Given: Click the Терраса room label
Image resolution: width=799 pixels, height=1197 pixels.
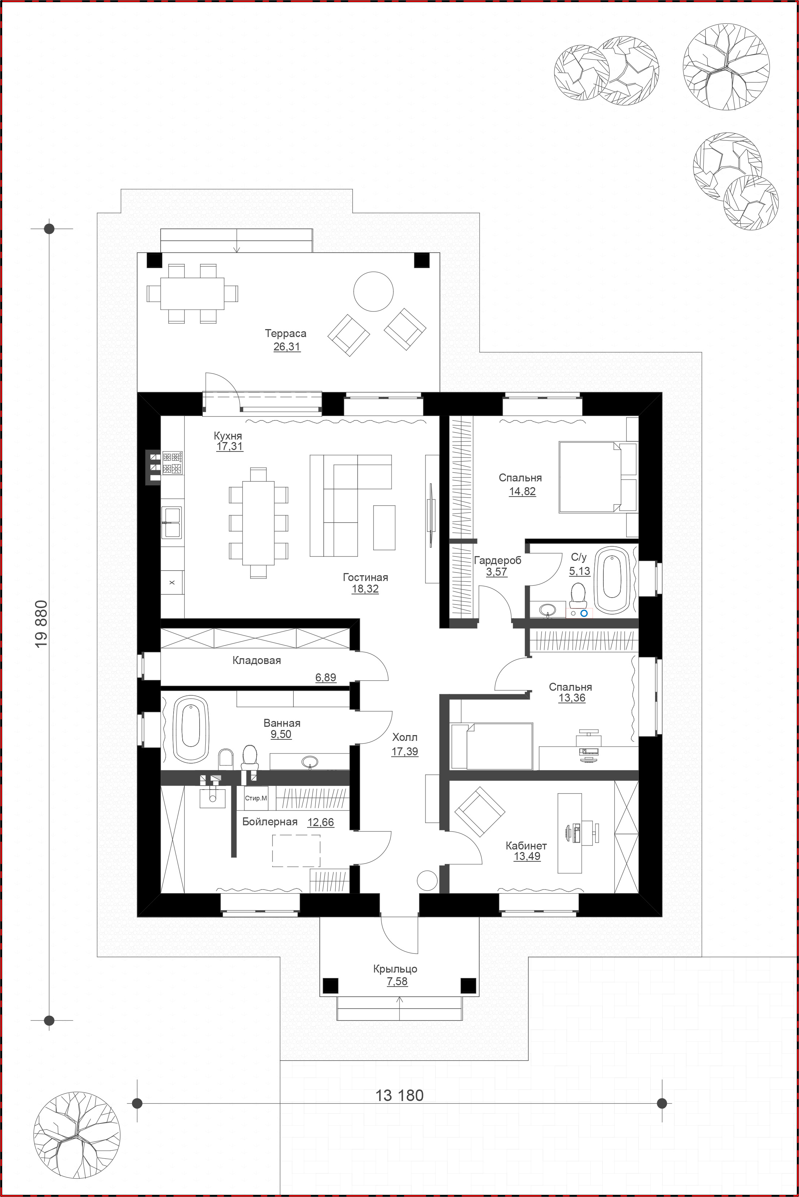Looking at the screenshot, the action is click(285, 334).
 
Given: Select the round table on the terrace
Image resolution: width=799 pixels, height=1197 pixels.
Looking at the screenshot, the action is click(374, 292).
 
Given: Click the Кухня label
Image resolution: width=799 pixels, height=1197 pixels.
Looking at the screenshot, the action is click(228, 436).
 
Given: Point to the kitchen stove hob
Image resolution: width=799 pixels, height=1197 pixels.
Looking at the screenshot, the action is click(173, 463).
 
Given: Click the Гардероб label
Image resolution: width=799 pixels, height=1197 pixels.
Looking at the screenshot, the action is click(497, 560).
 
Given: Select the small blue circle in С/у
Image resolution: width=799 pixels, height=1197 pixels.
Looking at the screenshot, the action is click(584, 613).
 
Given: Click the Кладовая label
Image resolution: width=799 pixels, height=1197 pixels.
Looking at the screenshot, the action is click(256, 660).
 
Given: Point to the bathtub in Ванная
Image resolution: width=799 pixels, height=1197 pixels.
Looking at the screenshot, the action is click(191, 729).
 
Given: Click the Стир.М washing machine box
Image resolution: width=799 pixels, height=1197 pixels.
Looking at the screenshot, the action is click(256, 798).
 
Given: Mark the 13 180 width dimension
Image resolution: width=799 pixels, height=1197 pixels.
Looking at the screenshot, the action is click(399, 1096).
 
